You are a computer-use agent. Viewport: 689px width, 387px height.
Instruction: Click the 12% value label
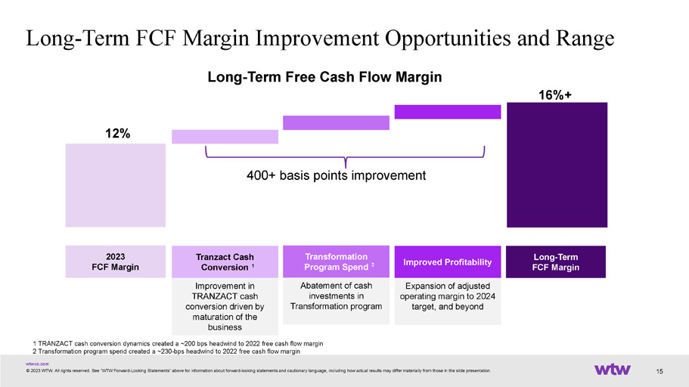117,134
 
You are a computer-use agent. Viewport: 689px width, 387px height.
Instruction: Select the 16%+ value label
555,95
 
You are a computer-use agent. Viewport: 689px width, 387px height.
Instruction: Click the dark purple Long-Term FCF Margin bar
557,165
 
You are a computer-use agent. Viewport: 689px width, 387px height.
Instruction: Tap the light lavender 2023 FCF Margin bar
116,185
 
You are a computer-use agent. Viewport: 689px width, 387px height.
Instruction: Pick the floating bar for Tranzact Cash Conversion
225,137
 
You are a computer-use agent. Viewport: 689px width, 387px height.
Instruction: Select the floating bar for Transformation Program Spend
336,122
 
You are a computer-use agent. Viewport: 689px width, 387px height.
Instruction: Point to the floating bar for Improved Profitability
448,112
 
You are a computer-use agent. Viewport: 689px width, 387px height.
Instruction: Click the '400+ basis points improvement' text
336,175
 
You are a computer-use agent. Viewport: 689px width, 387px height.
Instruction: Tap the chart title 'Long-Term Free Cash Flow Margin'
324,77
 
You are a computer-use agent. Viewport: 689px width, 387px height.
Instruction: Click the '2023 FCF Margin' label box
116,262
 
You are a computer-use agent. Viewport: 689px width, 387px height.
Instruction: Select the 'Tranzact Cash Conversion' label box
225,262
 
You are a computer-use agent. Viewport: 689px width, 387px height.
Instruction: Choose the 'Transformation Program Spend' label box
336,262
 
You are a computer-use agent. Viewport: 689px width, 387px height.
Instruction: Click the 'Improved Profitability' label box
448,262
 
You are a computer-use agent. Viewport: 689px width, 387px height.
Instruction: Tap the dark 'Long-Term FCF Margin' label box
556,262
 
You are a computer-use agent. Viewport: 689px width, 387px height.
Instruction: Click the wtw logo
612,369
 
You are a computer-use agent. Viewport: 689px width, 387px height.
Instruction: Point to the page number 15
660,372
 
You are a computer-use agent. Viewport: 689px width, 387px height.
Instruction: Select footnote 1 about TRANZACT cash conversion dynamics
178,343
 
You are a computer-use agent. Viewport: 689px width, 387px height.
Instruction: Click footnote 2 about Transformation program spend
166,351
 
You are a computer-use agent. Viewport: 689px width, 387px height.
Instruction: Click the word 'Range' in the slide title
585,39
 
